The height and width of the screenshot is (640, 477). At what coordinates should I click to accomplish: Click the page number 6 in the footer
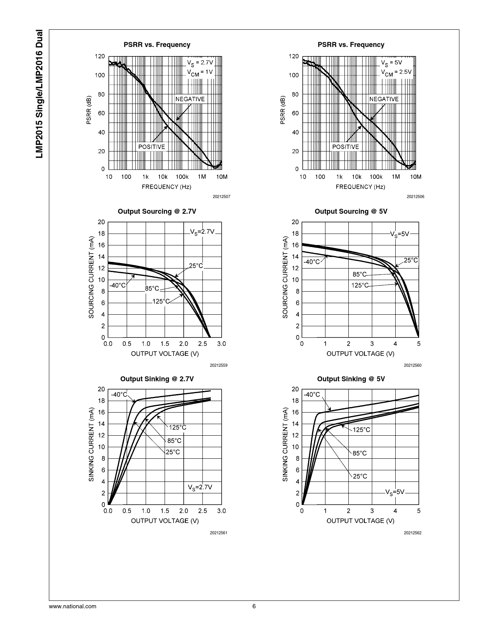coord(254,606)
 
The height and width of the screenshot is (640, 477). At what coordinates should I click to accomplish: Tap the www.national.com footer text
coord(73,606)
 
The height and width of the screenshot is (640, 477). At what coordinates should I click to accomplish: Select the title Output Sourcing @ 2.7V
coord(157,211)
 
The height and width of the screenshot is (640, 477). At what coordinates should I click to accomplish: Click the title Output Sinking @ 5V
coord(351,379)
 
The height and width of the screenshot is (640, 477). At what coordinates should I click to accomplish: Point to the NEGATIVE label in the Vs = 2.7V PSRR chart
coord(190,99)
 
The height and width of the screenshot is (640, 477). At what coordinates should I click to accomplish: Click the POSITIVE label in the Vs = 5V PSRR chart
coord(345,147)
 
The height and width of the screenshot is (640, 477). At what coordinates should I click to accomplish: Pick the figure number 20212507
coord(221,197)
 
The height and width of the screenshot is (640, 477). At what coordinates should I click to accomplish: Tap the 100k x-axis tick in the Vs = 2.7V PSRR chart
coord(182,177)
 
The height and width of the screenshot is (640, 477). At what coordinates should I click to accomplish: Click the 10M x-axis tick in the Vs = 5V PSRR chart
coord(416,177)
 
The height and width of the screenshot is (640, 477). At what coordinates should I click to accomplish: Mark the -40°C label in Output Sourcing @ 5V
coord(312,261)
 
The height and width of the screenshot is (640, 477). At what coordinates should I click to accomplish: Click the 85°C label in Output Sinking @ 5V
coord(360,453)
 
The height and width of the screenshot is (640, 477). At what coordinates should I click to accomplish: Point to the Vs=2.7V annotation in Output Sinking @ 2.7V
coord(200,487)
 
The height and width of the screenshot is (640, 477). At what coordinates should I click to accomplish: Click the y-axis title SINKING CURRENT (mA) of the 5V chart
coord(285,444)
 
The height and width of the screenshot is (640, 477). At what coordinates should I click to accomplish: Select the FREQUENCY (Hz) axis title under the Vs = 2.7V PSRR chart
coord(166,187)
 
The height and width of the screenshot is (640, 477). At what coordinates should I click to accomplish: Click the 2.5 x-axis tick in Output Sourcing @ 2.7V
coord(203,344)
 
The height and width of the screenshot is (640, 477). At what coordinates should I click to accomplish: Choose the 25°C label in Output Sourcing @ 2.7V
coord(196,266)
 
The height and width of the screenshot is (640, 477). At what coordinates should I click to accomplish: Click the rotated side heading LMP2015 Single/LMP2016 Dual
coord(39,94)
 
